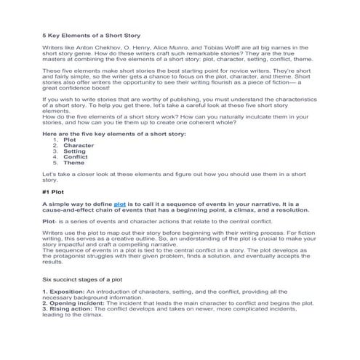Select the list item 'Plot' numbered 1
pyautogui.click(x=71, y=140)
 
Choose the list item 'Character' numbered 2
pyautogui.click(x=79, y=145)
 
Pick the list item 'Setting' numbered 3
pyautogui.click(x=75, y=151)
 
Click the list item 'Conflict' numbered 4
pyautogui.click(x=76, y=157)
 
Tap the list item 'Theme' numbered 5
pyautogui.click(x=74, y=163)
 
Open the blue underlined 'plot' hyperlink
pyautogui.click(x=120, y=205)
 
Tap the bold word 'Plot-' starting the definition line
pyautogui.click(x=49, y=221)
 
